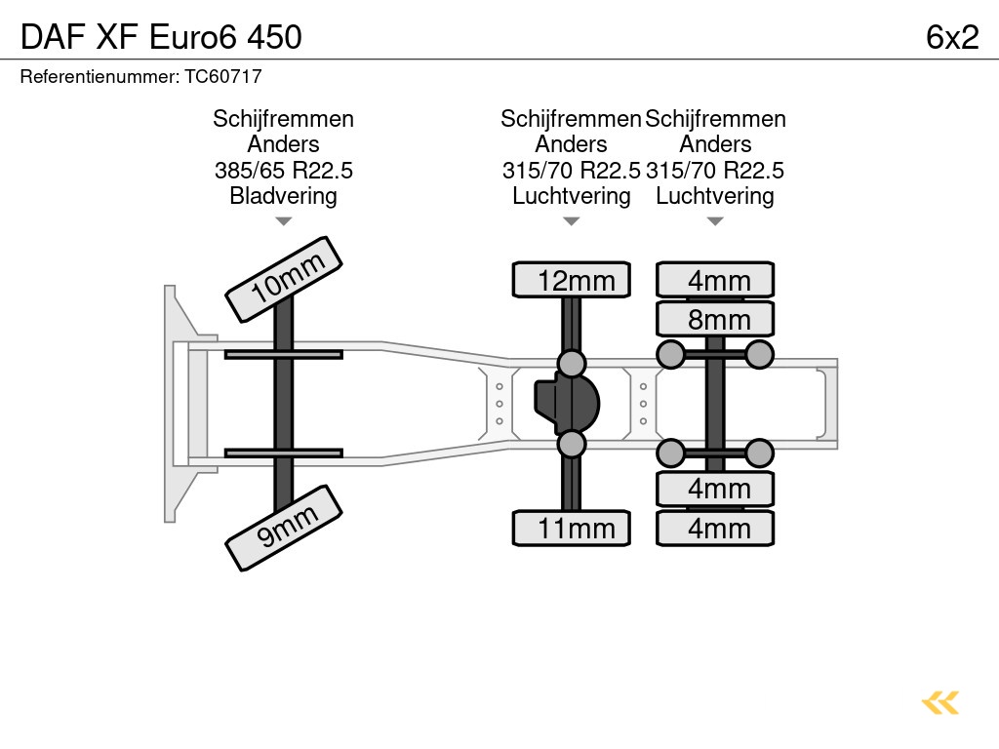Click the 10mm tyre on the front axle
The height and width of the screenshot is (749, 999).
[284, 279]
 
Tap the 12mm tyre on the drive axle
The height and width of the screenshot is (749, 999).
[572, 281]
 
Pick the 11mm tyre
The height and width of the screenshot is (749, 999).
[572, 529]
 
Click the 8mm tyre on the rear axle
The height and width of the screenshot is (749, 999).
[715, 320]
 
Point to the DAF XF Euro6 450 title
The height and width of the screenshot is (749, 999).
[162, 37]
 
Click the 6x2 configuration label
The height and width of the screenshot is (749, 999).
[951, 37]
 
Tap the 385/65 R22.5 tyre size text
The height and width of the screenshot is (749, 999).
[284, 171]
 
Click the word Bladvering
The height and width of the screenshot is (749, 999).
[284, 196]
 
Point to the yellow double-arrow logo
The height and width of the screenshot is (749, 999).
[940, 702]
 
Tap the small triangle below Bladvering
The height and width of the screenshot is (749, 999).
[284, 221]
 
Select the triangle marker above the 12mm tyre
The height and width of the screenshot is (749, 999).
[572, 221]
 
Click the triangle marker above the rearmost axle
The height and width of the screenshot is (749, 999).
[715, 221]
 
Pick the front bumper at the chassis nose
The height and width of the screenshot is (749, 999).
[176, 404]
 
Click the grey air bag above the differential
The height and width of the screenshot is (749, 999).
[572, 364]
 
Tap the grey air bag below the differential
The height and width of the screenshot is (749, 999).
[572, 445]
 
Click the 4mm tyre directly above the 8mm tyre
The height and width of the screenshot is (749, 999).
[715, 281]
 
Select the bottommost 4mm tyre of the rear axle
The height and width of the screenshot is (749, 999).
[715, 529]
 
